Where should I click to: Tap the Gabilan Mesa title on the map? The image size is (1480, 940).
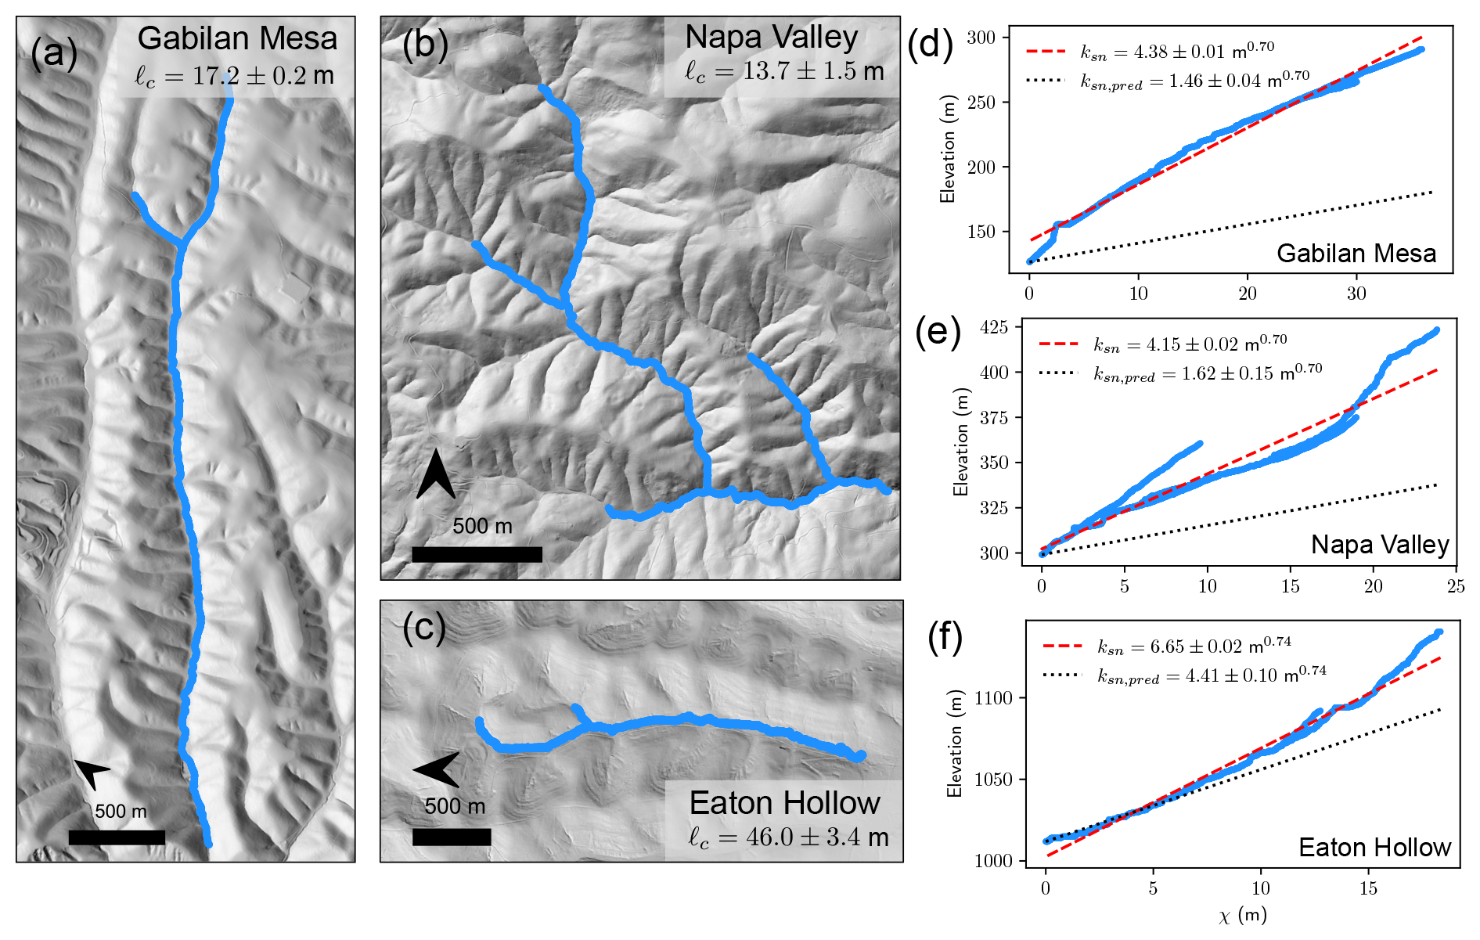click(x=237, y=38)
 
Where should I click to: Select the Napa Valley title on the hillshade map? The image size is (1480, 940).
click(x=771, y=37)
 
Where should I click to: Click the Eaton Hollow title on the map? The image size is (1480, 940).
click(x=784, y=803)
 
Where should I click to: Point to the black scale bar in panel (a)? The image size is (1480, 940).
click(x=117, y=837)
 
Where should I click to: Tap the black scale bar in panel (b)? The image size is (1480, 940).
click(x=477, y=554)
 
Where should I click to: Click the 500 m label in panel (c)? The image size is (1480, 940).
click(x=455, y=806)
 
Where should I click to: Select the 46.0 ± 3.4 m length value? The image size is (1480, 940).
click(x=788, y=837)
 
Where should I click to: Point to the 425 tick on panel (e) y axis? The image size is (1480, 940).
click(x=994, y=326)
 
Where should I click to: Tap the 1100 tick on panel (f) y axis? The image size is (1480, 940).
click(x=992, y=698)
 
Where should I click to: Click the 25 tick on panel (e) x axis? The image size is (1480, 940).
click(x=1456, y=586)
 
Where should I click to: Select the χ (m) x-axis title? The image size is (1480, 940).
click(x=1242, y=915)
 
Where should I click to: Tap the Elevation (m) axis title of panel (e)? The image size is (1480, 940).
click(x=960, y=443)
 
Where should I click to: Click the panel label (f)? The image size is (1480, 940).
click(x=945, y=638)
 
